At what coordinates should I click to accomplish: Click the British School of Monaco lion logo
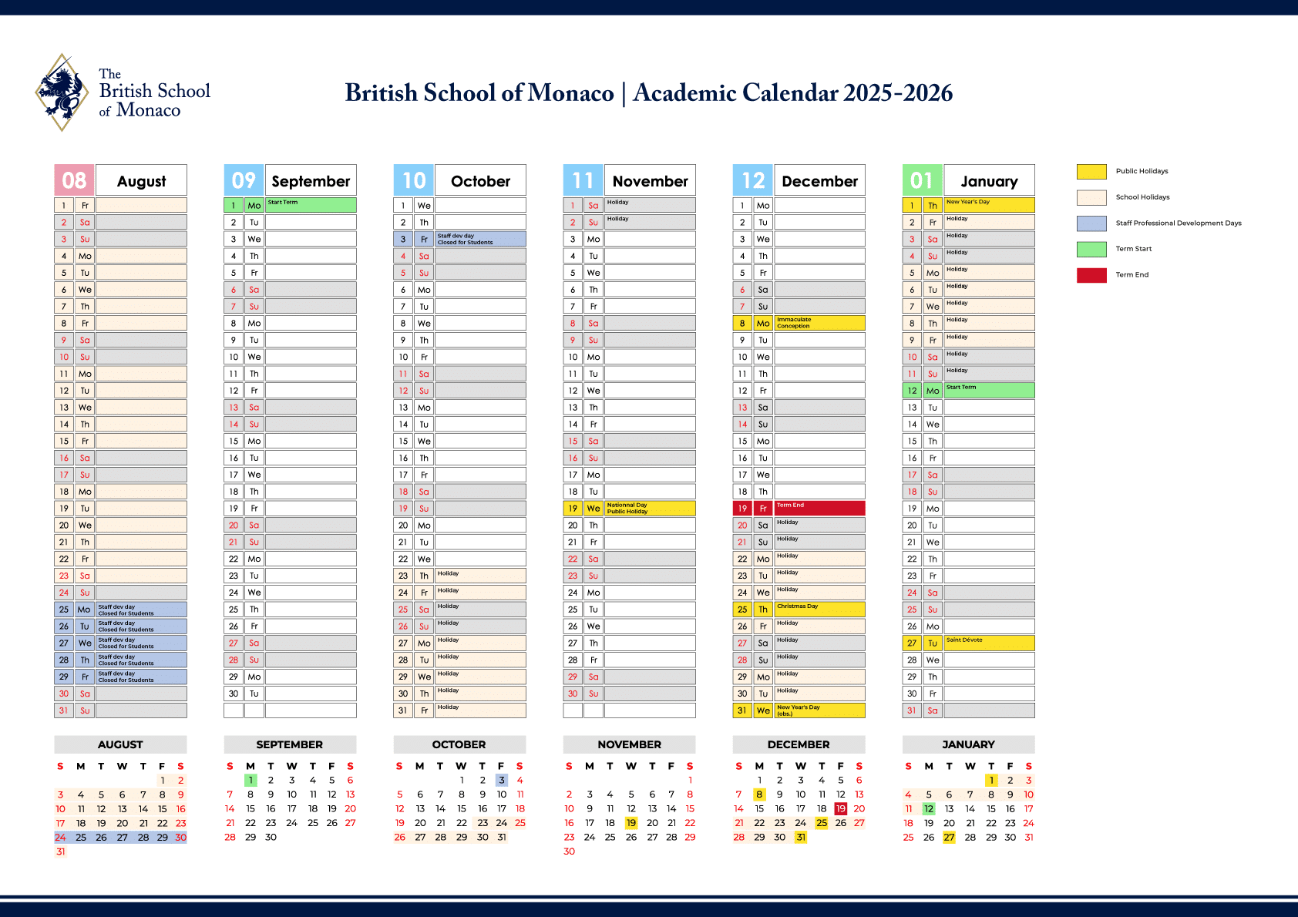click(62, 92)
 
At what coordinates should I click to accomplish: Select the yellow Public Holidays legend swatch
click(1091, 171)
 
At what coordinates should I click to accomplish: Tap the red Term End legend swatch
click(1091, 275)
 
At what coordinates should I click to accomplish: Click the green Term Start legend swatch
click(1091, 249)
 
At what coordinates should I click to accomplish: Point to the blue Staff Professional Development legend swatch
click(1091, 223)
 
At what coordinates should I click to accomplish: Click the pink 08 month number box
click(74, 180)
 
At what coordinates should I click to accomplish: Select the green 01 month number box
click(922, 180)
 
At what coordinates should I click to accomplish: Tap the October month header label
click(480, 181)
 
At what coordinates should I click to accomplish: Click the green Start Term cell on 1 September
click(311, 205)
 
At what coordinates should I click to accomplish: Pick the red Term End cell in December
click(819, 509)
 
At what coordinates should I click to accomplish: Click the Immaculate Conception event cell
click(819, 323)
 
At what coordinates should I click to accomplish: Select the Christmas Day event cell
click(819, 610)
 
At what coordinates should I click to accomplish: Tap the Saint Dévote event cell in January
click(989, 643)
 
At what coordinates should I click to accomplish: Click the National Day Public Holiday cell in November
click(650, 509)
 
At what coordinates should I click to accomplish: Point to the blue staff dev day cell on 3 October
click(480, 239)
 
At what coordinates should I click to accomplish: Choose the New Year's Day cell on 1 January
click(989, 205)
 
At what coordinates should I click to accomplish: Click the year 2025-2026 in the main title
click(898, 93)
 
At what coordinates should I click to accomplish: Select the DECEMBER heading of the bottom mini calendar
click(799, 744)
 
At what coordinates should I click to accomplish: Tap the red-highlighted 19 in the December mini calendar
click(840, 808)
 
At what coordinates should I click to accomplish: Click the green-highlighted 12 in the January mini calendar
click(929, 808)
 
